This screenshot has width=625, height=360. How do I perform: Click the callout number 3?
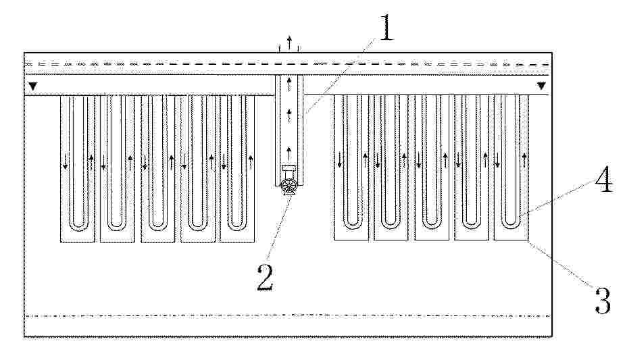pyautogui.click(x=602, y=301)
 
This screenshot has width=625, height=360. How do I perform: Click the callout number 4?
pyautogui.click(x=603, y=179)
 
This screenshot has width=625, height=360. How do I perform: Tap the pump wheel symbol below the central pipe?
pyautogui.click(x=289, y=187)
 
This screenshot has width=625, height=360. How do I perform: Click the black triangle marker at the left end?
pyautogui.click(x=33, y=86)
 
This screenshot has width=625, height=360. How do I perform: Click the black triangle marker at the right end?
pyautogui.click(x=541, y=86)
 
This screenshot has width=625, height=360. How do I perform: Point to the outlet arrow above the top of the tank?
pyautogui.click(x=290, y=42)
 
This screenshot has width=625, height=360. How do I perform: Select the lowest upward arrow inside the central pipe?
pyautogui.click(x=289, y=153)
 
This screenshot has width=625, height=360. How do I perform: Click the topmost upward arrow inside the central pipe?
pyautogui.click(x=289, y=85)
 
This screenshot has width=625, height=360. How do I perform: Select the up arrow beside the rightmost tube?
pyautogui.click(x=524, y=160)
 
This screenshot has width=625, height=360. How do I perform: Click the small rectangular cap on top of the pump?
pyautogui.click(x=289, y=168)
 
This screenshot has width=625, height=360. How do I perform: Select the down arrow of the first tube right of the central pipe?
pyautogui.click(x=340, y=159)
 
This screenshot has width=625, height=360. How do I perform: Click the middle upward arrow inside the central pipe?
pyautogui.click(x=289, y=116)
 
